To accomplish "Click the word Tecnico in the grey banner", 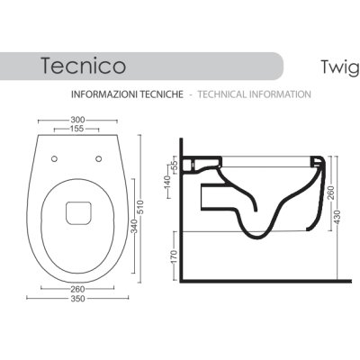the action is click(x=84, y=66).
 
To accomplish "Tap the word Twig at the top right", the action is click(x=340, y=67).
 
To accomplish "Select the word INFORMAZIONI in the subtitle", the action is click(x=101, y=94).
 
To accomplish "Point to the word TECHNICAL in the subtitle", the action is click(x=222, y=94).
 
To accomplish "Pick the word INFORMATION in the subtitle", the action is click(x=280, y=94).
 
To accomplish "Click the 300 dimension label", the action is click(x=77, y=120).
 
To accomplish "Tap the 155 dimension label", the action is click(x=76, y=129).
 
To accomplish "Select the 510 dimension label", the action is click(x=140, y=207).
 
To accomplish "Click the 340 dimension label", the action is click(x=134, y=226).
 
